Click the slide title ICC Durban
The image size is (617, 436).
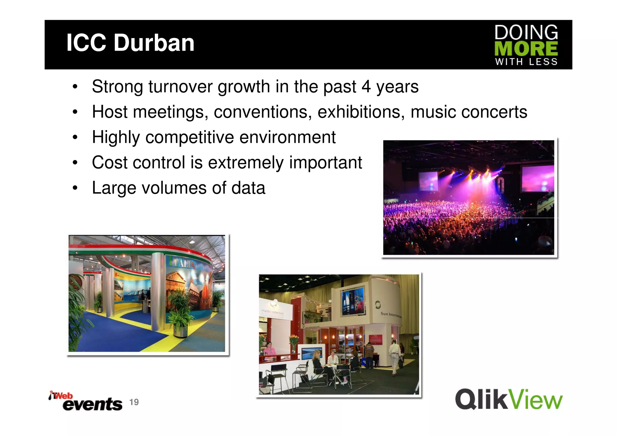pos(130,43)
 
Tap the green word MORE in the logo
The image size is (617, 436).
pos(526,49)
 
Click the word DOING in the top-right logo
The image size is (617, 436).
pos(526,33)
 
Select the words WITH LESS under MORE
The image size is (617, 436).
pos(526,62)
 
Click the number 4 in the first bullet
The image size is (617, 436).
pos(366,87)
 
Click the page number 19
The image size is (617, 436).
pos(134,402)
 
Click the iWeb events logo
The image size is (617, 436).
pos(86,401)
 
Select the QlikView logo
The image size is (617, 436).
pos(509,400)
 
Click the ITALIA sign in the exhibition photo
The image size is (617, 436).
pos(182,262)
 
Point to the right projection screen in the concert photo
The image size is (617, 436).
pos(537,178)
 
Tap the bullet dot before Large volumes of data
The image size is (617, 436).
pos(75,188)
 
